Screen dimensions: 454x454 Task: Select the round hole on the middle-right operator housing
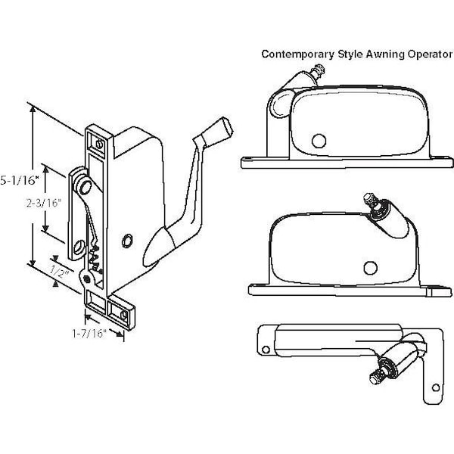point(370,266)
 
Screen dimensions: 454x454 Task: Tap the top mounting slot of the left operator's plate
point(97,141)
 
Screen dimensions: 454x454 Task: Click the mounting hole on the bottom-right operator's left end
point(265,347)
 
